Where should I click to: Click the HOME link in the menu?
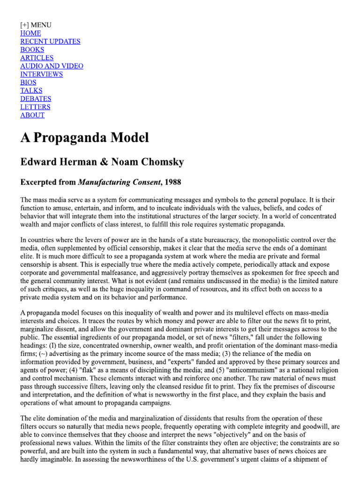30,33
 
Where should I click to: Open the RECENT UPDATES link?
50,41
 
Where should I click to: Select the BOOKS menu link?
32,50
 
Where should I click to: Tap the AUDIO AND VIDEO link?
52,66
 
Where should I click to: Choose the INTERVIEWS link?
41,74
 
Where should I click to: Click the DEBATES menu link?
36,98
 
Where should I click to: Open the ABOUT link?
32,115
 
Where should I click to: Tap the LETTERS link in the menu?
35,107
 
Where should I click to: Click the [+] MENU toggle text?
36,25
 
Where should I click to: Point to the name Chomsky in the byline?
160,162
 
